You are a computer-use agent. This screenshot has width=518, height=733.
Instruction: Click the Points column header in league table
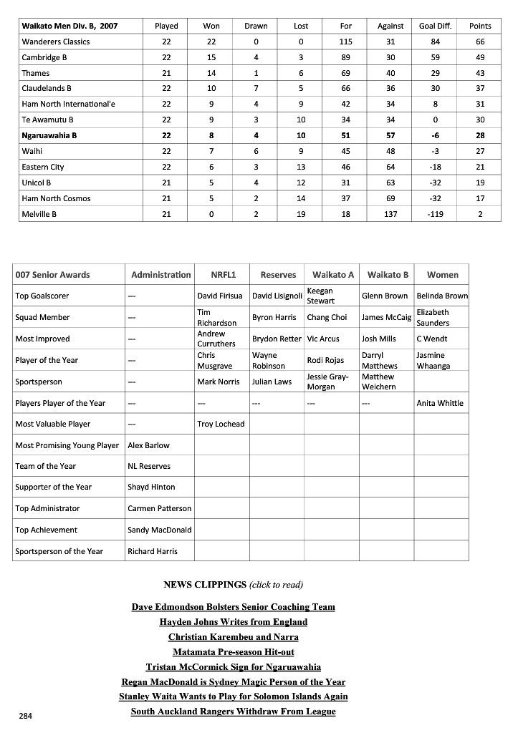(x=480, y=26)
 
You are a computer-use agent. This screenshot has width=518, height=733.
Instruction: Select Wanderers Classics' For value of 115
(x=346, y=42)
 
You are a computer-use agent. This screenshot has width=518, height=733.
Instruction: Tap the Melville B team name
(x=39, y=214)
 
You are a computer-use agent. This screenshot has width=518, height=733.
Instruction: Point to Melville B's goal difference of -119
(x=434, y=214)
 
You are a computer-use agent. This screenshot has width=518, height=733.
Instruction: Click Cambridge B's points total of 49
(x=480, y=57)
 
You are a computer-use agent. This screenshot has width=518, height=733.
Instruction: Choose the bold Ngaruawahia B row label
(x=49, y=135)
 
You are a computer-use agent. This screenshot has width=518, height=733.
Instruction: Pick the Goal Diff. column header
(x=434, y=26)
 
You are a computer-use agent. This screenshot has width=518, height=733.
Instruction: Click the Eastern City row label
(x=43, y=167)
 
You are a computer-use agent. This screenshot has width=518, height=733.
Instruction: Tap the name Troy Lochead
(x=221, y=424)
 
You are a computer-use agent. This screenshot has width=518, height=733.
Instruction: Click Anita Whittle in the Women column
(x=440, y=403)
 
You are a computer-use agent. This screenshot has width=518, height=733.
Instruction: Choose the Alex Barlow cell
(x=149, y=445)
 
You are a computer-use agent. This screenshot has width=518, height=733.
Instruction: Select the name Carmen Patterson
(x=160, y=508)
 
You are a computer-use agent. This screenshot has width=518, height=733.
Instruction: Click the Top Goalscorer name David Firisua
(x=220, y=296)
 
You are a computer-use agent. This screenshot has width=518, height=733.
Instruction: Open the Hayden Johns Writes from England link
(x=234, y=621)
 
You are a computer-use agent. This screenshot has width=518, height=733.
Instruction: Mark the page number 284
(x=26, y=714)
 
